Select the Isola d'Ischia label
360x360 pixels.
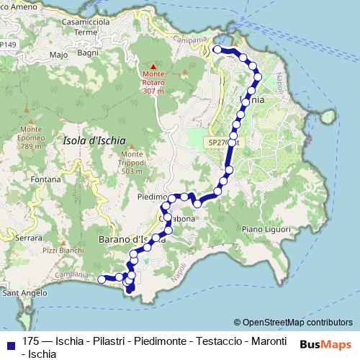[94, 140]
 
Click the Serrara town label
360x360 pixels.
[29, 237]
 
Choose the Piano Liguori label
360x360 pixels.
[265, 229]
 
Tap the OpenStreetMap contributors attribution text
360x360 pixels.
[297, 323]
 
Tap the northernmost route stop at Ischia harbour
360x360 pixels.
[217, 50]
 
